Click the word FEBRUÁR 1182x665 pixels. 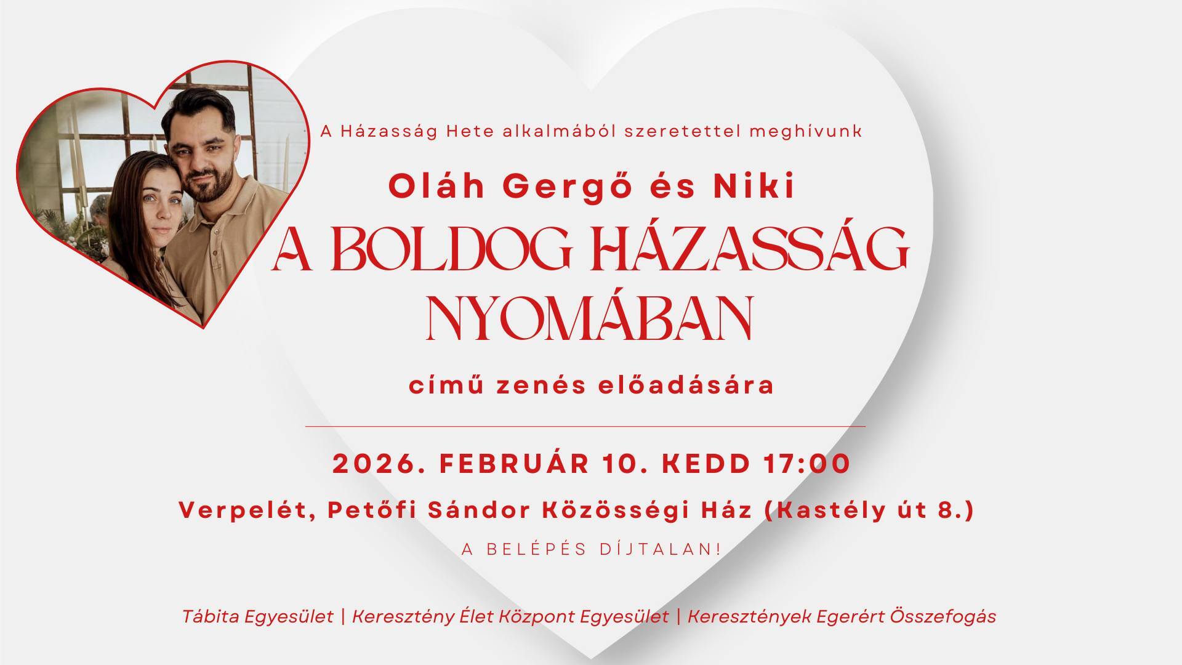[513, 464]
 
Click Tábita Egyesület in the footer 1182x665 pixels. [257, 616]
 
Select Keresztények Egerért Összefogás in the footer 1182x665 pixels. [841, 616]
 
